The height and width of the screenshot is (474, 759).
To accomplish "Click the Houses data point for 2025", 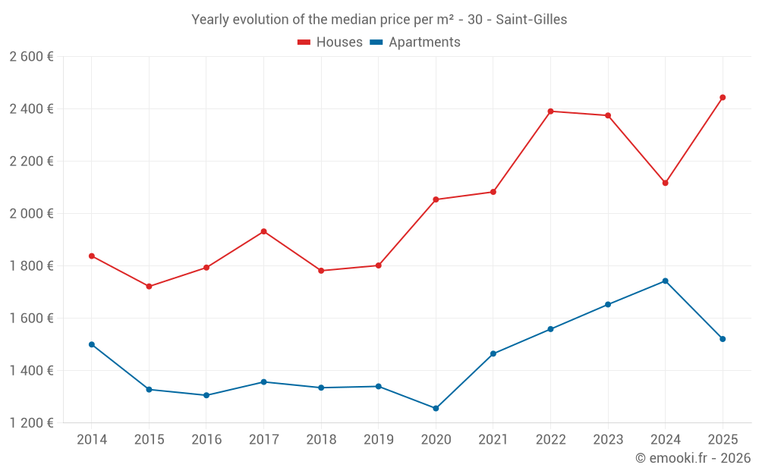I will click(722, 97).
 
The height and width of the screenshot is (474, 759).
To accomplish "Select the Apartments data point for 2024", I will click(665, 281).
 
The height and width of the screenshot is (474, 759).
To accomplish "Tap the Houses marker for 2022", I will click(550, 111).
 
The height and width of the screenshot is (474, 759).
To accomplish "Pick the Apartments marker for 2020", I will click(436, 408).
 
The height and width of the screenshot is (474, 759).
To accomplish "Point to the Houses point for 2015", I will click(149, 287).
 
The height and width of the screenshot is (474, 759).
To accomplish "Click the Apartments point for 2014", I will click(92, 344).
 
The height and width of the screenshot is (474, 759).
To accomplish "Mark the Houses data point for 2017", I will click(263, 231).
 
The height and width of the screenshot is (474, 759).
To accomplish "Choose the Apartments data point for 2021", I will click(493, 353).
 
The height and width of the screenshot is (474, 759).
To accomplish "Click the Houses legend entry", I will click(330, 42).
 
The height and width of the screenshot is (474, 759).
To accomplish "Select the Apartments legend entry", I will click(415, 42).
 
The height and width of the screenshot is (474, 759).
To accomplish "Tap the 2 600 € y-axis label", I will click(31, 57).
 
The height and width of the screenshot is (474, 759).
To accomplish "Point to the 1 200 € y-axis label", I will click(31, 423).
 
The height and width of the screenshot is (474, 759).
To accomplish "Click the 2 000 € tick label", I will click(31, 214).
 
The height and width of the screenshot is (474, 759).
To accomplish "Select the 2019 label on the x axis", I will click(378, 440).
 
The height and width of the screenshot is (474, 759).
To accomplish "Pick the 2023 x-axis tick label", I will click(607, 440).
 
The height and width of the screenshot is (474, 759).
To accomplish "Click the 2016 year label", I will click(206, 440).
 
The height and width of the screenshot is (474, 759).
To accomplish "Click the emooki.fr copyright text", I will click(692, 458).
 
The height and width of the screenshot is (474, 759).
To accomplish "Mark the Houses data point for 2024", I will click(665, 183).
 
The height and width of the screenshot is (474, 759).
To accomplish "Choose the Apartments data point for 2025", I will click(722, 339).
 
